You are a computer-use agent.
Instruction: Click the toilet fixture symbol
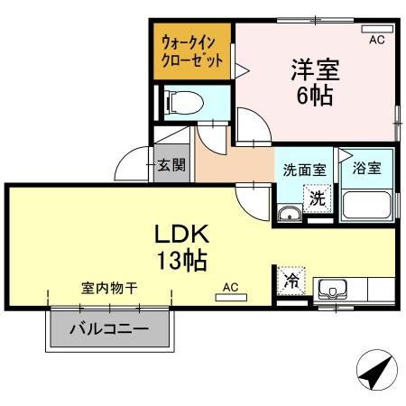pos(181,101)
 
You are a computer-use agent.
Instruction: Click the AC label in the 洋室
pos(377,40)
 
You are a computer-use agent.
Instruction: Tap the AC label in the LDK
pos(230,288)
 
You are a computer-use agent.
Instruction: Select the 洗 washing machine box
pos(317,198)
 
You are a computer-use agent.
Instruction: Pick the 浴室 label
pos(367,169)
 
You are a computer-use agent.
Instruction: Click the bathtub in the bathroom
pos(366,206)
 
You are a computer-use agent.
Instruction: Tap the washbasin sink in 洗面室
pos(289,213)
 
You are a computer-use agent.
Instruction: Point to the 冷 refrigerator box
pos(291,281)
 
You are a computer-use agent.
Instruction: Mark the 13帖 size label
pos(184,262)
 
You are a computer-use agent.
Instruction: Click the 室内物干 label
pos(108,290)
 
